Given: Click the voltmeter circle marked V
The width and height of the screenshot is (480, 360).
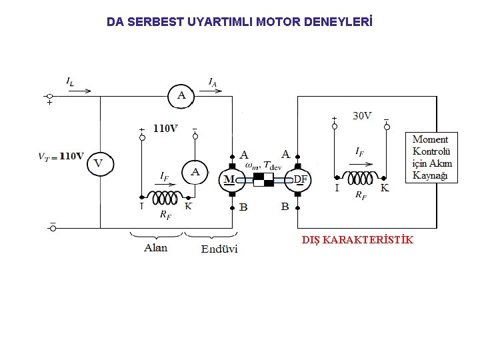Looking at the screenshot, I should [99, 163].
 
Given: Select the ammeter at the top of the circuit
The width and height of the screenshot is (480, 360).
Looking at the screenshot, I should [181, 96].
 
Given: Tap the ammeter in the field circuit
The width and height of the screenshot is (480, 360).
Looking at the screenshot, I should [195, 173].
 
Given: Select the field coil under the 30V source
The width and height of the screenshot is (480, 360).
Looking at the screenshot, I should [361, 178].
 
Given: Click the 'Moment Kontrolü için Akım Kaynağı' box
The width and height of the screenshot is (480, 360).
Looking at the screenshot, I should [432, 157].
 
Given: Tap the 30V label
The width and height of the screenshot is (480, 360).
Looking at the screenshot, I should [362, 116].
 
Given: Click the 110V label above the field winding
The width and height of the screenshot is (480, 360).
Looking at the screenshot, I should [165, 128].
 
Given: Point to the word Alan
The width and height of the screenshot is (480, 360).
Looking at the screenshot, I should [155, 248].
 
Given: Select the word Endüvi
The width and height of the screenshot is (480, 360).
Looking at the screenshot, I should [219, 249].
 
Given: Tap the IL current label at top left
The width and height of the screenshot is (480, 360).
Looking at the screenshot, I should [70, 81].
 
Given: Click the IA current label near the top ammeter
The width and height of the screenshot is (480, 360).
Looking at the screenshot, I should [212, 82].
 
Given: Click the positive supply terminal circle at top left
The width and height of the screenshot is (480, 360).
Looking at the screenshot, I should [49, 97].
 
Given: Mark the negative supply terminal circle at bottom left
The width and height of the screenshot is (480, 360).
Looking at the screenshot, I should [53, 228].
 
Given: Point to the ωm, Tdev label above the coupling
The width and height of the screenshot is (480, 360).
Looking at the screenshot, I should [263, 165].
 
